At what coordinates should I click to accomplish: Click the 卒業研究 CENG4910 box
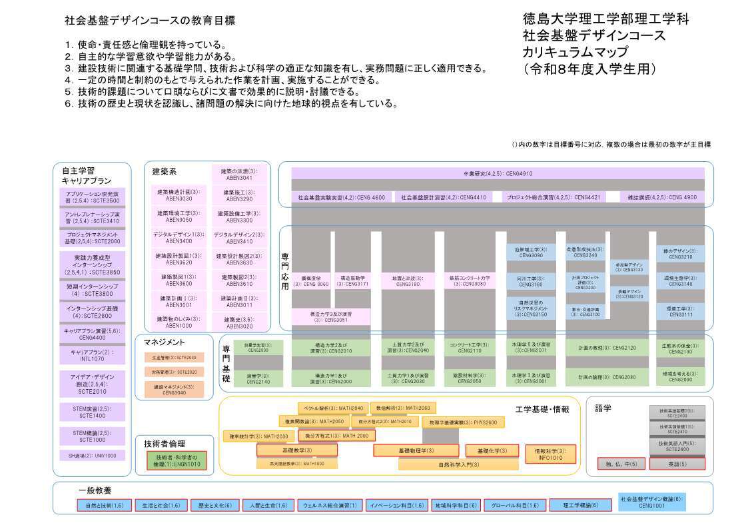click(498, 173)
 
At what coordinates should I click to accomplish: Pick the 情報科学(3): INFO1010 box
click(549, 454)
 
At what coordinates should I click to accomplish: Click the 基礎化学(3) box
click(492, 451)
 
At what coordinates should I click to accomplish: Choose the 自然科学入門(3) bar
click(458, 464)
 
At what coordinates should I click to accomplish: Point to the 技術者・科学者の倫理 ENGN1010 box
click(177, 460)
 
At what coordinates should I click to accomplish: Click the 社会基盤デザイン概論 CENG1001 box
click(651, 501)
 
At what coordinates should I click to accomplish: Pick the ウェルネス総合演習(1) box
click(326, 505)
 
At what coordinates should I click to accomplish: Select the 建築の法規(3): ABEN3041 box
click(240, 174)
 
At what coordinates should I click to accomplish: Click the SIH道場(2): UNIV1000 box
click(92, 456)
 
